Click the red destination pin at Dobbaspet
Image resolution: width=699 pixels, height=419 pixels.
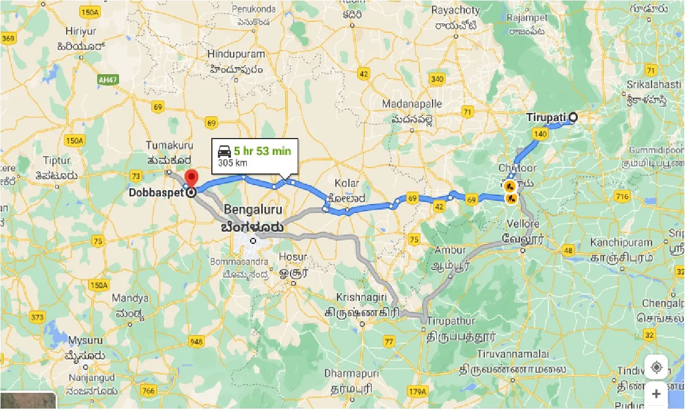tap(191, 179)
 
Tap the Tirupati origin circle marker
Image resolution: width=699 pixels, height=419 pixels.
tap(573, 117)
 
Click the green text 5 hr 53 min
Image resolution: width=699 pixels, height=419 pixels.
tap(262, 151)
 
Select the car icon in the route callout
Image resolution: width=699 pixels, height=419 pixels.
tap(224, 152)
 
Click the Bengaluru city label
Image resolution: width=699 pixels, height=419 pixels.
tap(253, 210)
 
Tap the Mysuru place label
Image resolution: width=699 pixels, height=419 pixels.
tap(85, 340)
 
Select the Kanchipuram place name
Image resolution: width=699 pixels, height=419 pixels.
tap(621, 242)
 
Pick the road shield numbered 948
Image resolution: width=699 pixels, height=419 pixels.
tap(197, 342)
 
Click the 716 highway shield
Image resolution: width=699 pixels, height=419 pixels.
tap(621, 196)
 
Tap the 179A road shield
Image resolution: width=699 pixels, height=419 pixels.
tap(417, 391)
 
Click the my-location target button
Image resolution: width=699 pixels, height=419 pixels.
tap(656, 367)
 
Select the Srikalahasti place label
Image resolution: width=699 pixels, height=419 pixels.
tap(654, 85)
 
